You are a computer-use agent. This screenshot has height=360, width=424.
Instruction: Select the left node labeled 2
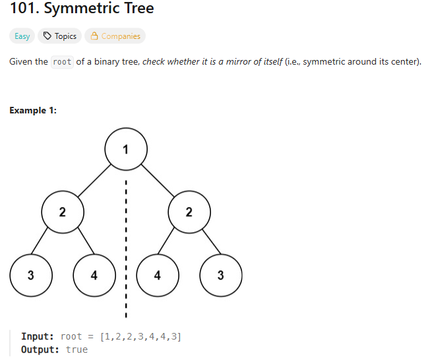[63, 212]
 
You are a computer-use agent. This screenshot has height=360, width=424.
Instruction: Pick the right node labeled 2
[189, 212]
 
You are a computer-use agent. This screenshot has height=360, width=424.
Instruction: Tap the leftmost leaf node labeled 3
[31, 275]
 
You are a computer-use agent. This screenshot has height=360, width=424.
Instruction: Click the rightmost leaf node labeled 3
[221, 275]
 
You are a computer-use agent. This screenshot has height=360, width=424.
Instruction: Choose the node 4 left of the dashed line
[94, 275]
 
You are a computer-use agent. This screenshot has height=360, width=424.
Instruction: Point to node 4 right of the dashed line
[158, 275]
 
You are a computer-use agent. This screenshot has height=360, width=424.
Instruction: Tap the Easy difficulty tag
[22, 36]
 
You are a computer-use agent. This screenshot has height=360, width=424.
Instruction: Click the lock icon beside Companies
[94, 36]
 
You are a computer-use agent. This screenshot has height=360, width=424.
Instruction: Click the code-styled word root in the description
[62, 62]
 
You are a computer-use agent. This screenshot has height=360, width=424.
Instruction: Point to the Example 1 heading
[33, 110]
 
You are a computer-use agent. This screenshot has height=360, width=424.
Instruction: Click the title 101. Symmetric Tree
[82, 10]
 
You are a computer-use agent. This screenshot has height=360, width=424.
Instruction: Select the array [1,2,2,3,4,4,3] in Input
[140, 336]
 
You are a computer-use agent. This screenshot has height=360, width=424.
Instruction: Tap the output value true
[76, 349]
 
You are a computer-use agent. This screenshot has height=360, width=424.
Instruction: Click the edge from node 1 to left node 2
[94, 179]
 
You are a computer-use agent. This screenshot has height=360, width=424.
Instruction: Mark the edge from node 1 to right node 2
[158, 179]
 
